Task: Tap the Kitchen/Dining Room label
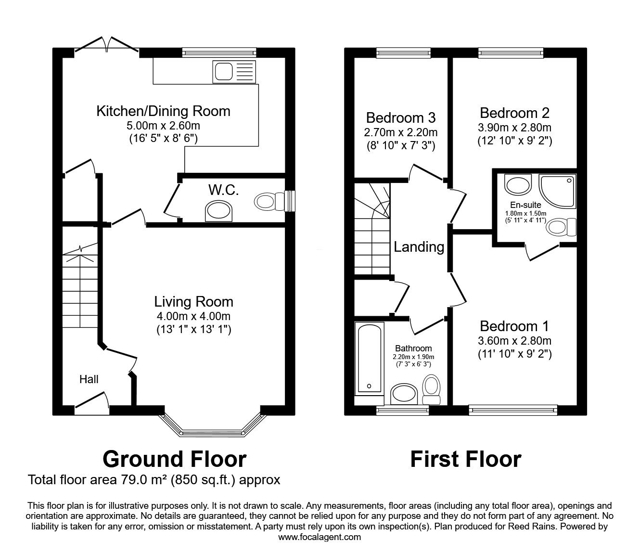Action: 164,111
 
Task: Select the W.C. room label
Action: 223,190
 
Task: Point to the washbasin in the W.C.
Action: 218,212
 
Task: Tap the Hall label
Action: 89,379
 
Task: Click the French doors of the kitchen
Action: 107,45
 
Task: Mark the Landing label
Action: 419,247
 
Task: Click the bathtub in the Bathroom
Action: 369,358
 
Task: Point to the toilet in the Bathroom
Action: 431,389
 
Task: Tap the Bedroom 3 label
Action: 401,117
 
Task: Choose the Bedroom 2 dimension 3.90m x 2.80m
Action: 514,128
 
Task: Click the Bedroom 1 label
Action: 514,326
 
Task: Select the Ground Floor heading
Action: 174,459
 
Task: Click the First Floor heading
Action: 465,459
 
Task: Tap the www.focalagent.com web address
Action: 319,537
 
